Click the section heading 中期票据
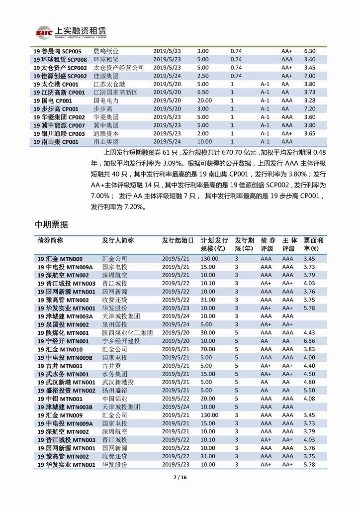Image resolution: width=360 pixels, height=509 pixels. coord(52,224)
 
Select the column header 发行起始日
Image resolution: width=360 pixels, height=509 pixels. coord(178,240)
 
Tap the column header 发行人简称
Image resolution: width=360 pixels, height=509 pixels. coord(118,240)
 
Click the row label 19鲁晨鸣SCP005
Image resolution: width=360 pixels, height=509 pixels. coord(60,51)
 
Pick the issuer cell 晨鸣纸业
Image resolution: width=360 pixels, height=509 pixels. coord(106,51)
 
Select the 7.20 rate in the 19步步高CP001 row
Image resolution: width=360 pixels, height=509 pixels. coord(310,109)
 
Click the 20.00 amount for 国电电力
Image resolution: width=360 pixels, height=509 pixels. coord(204,101)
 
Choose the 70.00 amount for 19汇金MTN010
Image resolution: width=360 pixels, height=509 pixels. coord(208,349)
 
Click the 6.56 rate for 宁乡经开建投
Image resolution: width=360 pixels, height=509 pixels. coord(309,341)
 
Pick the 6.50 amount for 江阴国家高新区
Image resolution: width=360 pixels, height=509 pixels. coord(202,93)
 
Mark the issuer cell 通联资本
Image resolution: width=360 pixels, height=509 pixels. coord(106,133)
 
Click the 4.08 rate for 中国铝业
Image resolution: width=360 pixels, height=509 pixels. coord(309,399)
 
